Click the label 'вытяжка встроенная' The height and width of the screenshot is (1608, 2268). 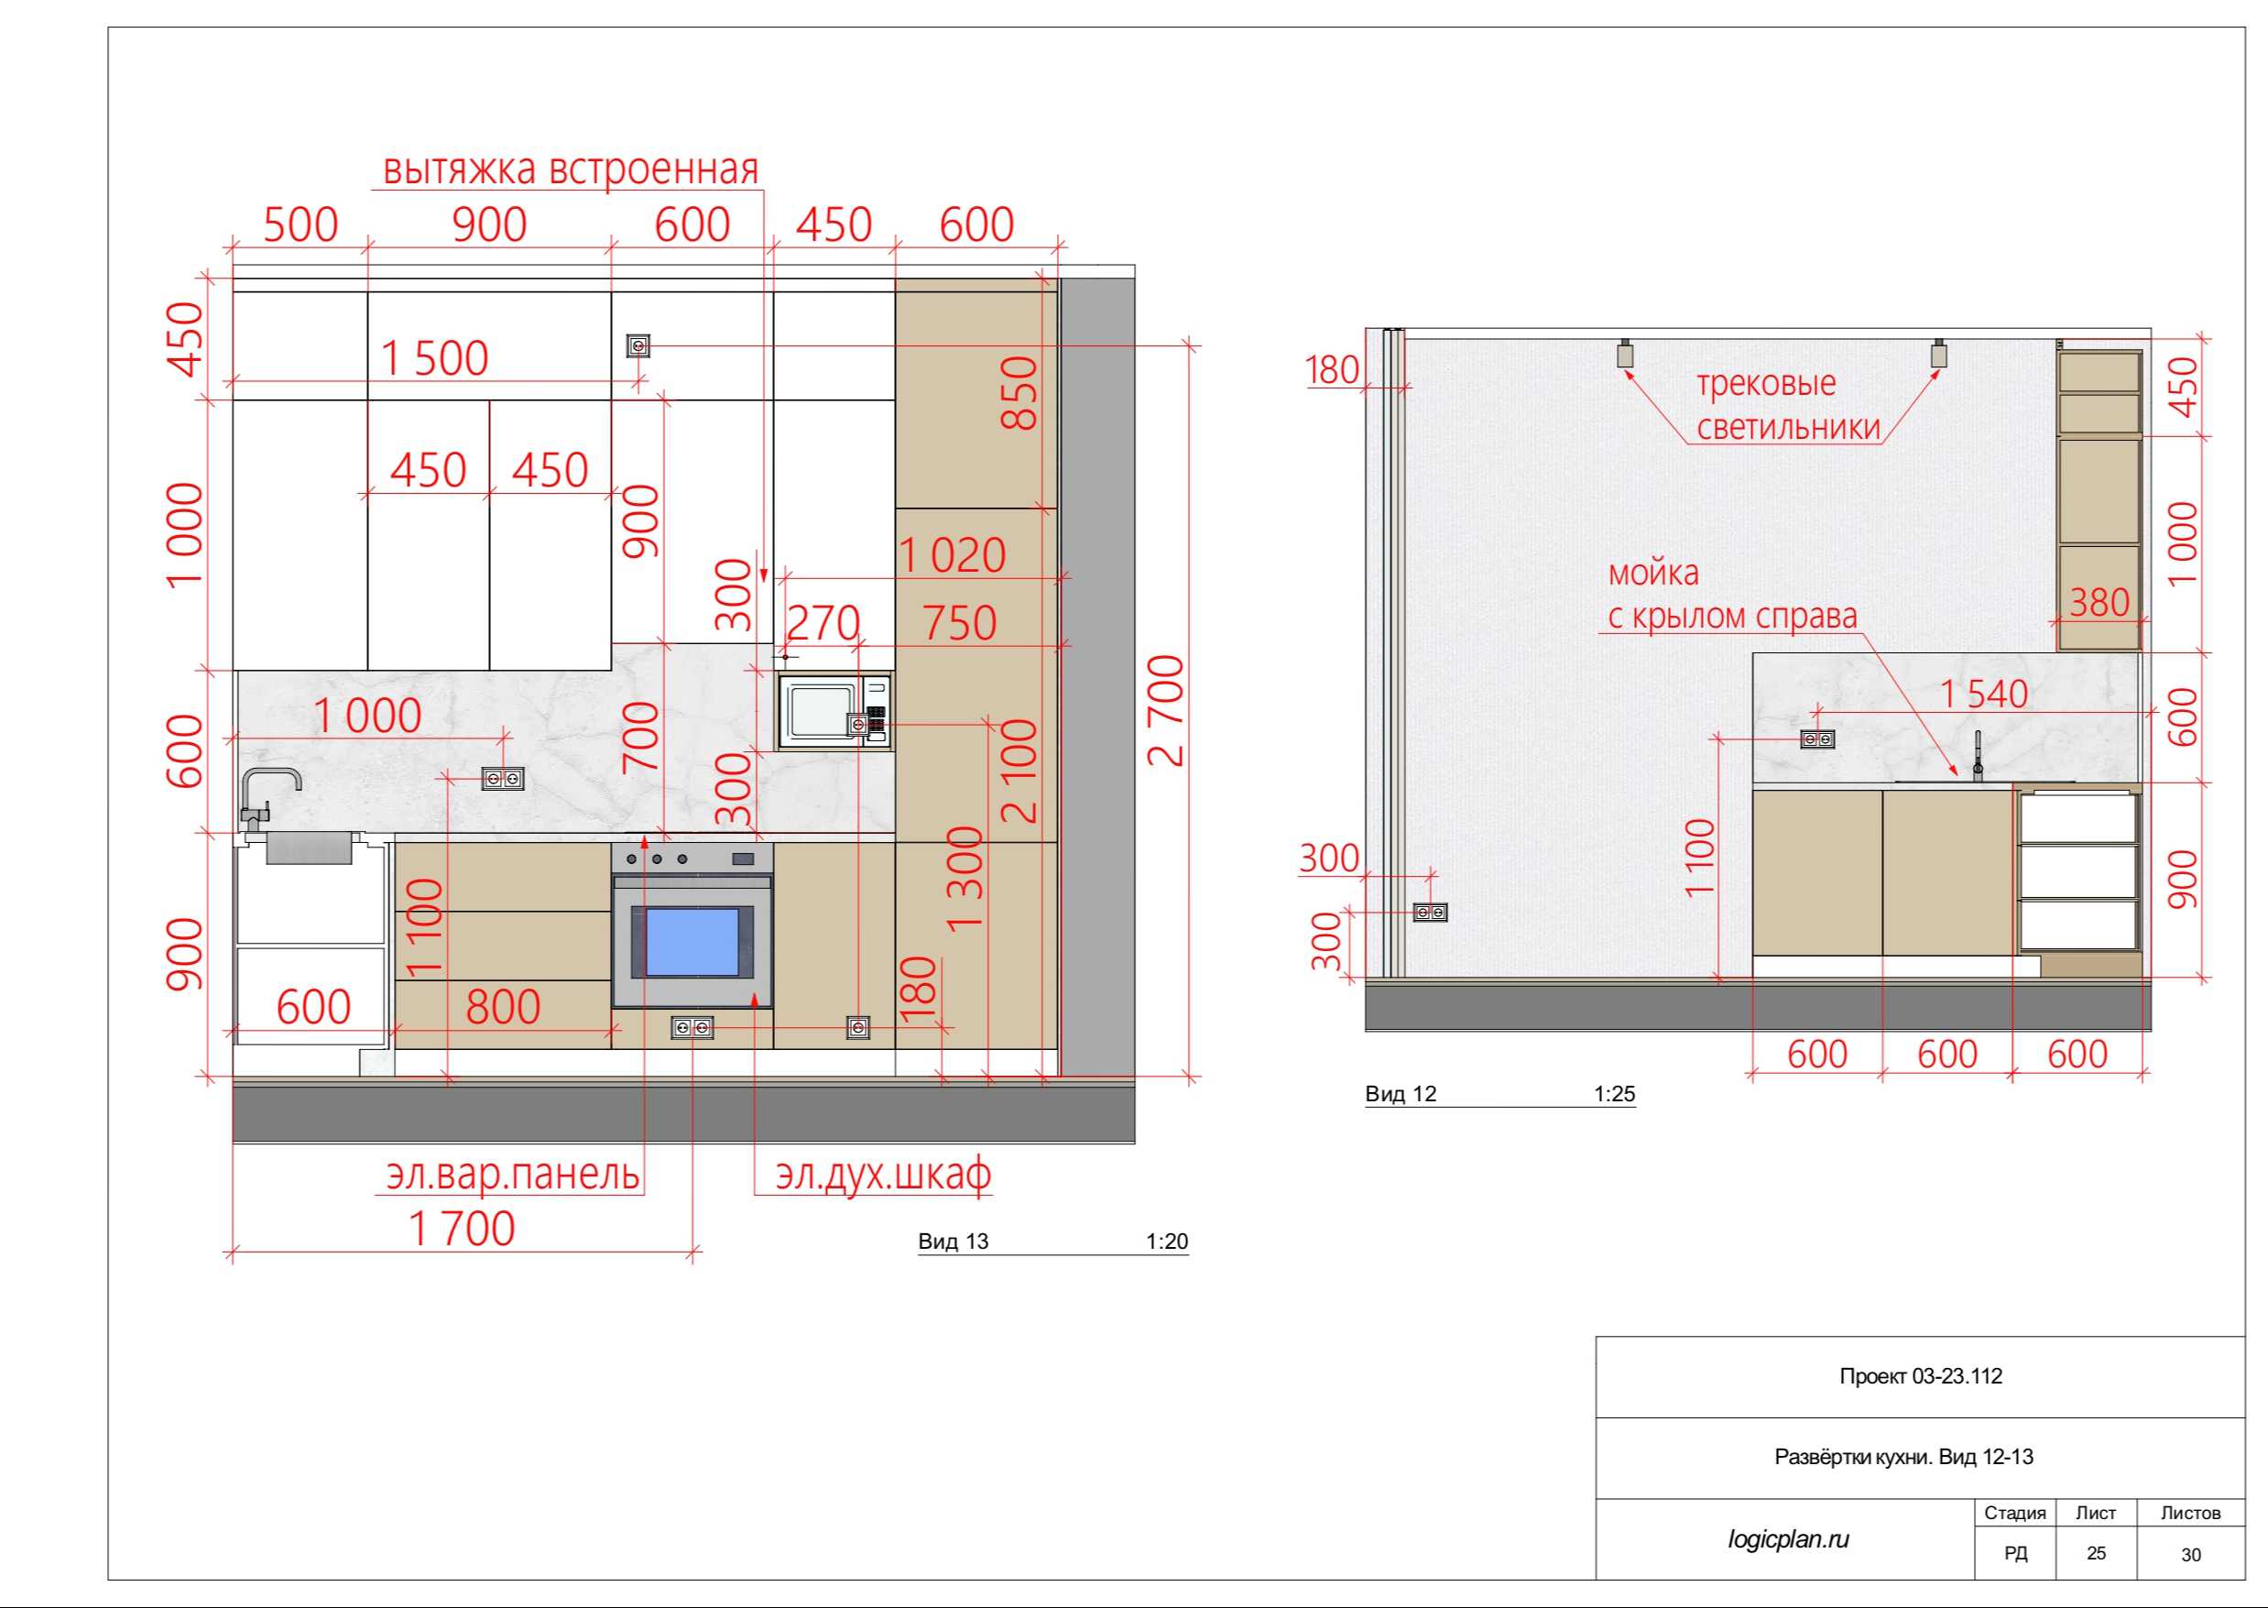(571, 170)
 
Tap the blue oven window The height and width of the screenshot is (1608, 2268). (692, 943)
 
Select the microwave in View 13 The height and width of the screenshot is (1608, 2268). (834, 710)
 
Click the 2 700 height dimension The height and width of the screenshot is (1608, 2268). (1165, 710)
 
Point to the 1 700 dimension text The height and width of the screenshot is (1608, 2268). (462, 1228)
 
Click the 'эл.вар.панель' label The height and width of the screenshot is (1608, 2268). (513, 1175)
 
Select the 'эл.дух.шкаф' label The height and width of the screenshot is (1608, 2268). (883, 1175)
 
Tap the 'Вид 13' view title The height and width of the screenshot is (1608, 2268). (954, 1242)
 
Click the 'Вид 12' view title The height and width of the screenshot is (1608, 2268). (1401, 1094)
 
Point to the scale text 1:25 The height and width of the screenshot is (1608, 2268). (1615, 1094)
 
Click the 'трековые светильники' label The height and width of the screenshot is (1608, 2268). (1789, 405)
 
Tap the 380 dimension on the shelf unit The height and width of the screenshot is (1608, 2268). (2099, 602)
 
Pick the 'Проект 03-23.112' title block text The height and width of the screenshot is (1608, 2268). (1921, 1376)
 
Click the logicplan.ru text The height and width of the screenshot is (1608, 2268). (1789, 1538)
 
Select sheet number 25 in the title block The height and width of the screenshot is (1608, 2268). (2097, 1552)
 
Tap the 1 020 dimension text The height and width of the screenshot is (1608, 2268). (952, 554)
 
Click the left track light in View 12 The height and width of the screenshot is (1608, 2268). (1625, 354)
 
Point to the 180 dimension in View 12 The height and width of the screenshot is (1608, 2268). (1333, 370)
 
